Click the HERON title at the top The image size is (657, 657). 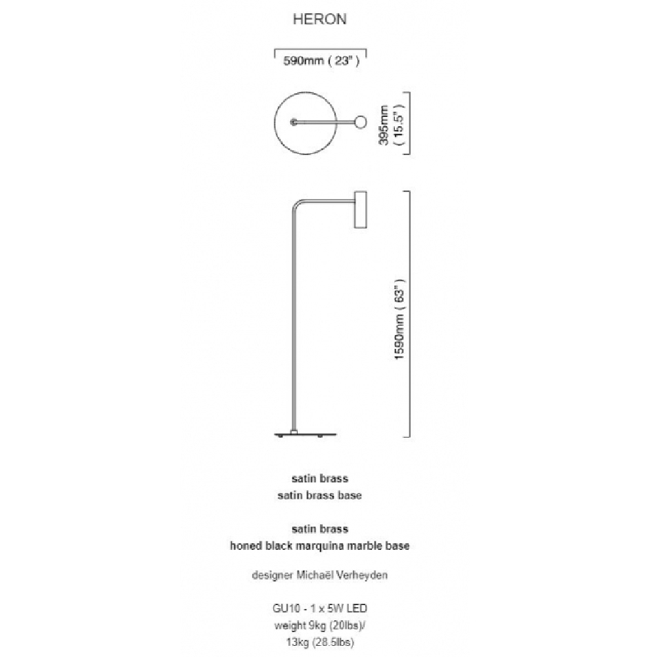(x=320, y=19)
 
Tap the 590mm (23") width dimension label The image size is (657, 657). (x=321, y=60)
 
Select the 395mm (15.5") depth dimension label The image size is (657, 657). (x=390, y=124)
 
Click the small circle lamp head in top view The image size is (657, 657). (x=360, y=122)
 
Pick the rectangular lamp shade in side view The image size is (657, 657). (x=360, y=210)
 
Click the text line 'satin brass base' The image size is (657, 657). (x=320, y=495)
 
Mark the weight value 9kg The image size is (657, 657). (x=317, y=625)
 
